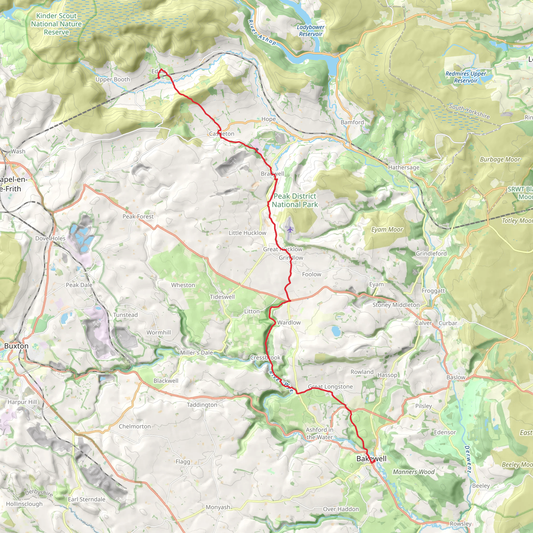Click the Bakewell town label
pyautogui.click(x=371, y=459)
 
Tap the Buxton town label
pyautogui.click(x=16, y=346)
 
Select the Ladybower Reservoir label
pyautogui.click(x=311, y=31)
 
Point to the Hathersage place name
pyautogui.click(x=404, y=167)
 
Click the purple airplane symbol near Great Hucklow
pyautogui.click(x=290, y=229)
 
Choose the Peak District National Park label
pyautogui.click(x=295, y=200)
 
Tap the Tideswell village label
pyautogui.click(x=222, y=297)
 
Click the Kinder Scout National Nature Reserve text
pyautogui.click(x=56, y=24)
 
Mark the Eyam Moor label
pyautogui.click(x=387, y=230)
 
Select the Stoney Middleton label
pyautogui.click(x=396, y=305)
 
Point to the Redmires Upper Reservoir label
pyautogui.click(x=466, y=77)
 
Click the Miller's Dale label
pyautogui.click(x=196, y=353)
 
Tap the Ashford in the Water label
pyautogui.click(x=320, y=433)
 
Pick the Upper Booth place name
pyautogui.click(x=112, y=79)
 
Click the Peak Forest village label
pyautogui.click(x=138, y=217)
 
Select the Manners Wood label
pyautogui.click(x=414, y=472)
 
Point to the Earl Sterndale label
pyautogui.click(x=87, y=499)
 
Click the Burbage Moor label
pyautogui.click(x=500, y=160)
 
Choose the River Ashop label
pyautogui.click(x=262, y=33)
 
